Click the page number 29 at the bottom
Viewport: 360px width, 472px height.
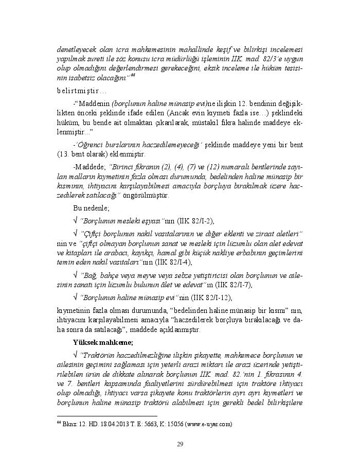coord(180,444)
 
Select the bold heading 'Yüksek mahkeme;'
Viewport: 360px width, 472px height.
coord(103,342)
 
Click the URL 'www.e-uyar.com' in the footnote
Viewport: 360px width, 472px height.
coord(210,424)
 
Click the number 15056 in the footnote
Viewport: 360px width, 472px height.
coord(172,424)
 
